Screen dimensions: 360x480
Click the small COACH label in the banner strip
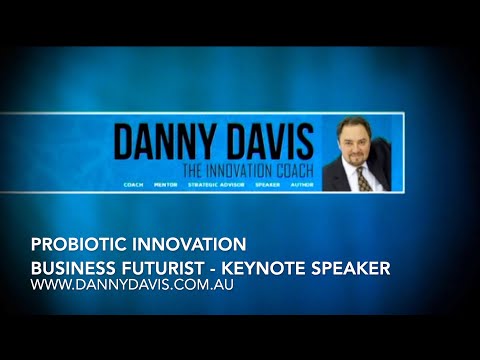[133, 185]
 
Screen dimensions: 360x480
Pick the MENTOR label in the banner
[165, 185]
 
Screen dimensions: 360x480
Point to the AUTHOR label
[301, 185]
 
